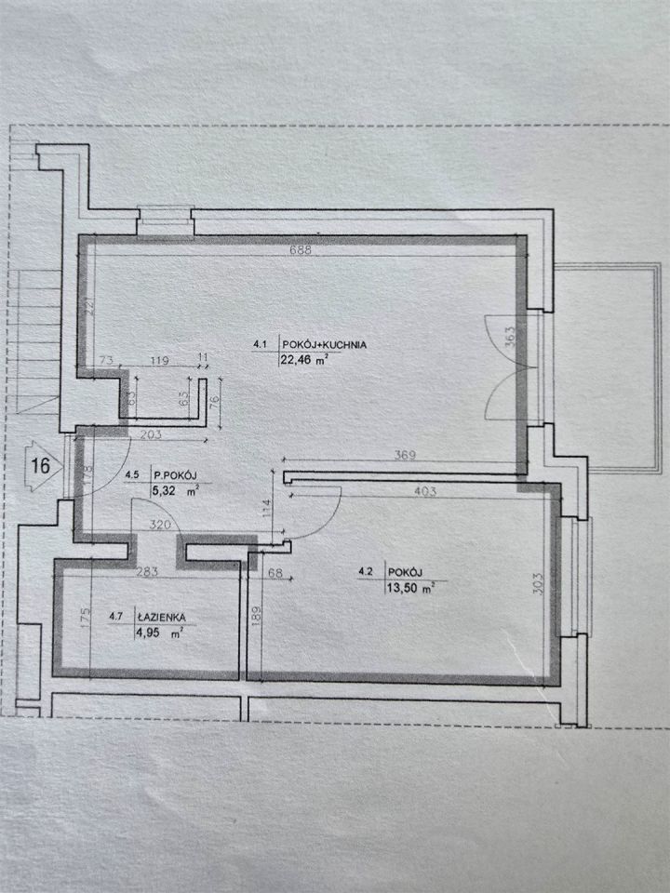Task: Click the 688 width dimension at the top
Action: coord(301,249)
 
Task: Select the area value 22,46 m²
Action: coord(303,359)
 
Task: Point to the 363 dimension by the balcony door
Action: coord(510,337)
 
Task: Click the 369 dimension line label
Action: coord(405,455)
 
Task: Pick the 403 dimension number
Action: coord(425,491)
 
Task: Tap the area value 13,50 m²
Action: coord(409,588)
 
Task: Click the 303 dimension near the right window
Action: coord(540,583)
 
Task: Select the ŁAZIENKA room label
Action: coord(161,617)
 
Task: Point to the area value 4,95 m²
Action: coord(158,631)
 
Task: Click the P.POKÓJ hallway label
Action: coord(176,473)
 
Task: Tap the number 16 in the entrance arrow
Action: coord(41,466)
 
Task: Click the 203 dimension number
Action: coord(151,434)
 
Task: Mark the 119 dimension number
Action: coord(159,360)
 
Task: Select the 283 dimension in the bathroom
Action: coord(147,572)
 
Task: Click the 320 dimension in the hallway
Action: coord(159,525)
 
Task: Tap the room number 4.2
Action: coord(365,572)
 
